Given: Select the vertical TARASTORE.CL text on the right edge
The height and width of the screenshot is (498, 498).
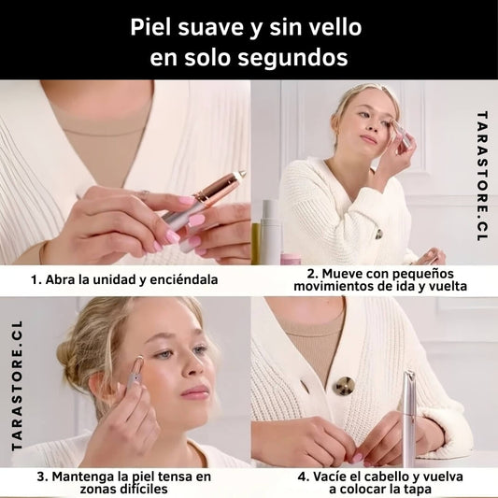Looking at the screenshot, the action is (482, 176).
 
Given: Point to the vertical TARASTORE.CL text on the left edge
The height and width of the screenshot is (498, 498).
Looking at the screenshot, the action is (17, 386).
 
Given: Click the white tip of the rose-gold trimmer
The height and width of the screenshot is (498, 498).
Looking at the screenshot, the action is (240, 174).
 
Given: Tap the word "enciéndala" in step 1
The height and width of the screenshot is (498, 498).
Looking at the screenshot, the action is (184, 279).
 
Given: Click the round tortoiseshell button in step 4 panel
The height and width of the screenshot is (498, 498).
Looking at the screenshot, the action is (343, 386).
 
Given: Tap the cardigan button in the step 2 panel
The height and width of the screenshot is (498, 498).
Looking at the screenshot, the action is (379, 235).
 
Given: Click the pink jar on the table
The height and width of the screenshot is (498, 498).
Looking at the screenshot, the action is (291, 259).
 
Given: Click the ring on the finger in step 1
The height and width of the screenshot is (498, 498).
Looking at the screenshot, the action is (144, 193).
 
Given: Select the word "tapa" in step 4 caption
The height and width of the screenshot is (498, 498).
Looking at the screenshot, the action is (417, 489).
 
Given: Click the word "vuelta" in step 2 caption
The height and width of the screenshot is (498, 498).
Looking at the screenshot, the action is (448, 286).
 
